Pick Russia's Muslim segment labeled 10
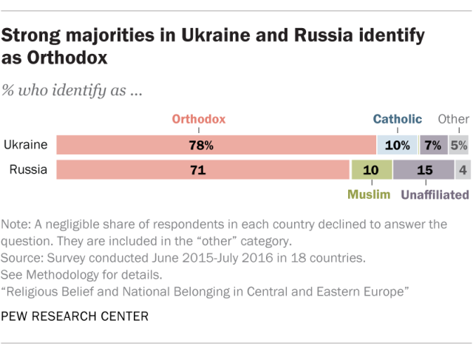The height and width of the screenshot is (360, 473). (371, 170)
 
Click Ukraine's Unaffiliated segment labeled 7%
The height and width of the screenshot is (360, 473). (433, 146)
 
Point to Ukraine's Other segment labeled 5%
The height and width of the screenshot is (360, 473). (459, 146)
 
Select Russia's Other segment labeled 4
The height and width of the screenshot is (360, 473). (462, 170)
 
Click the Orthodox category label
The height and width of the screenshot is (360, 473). (199, 118)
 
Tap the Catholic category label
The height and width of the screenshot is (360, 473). (397, 118)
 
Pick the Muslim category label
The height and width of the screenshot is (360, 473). (369, 195)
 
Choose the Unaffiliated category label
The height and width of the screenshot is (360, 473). (435, 195)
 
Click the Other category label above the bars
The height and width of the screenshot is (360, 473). (453, 118)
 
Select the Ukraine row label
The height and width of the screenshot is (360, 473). (25, 146)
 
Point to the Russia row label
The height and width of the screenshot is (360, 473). (28, 170)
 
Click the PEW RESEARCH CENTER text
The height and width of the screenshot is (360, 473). (75, 317)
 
